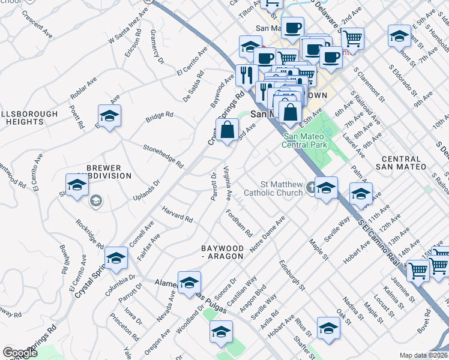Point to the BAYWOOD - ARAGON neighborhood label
[x=222, y=251]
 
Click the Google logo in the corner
[x=20, y=353]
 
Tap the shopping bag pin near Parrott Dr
[x=228, y=130]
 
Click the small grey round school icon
[x=95, y=202]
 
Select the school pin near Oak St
[x=328, y=328]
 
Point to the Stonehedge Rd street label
[x=163, y=155]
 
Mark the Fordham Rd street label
[x=239, y=222]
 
